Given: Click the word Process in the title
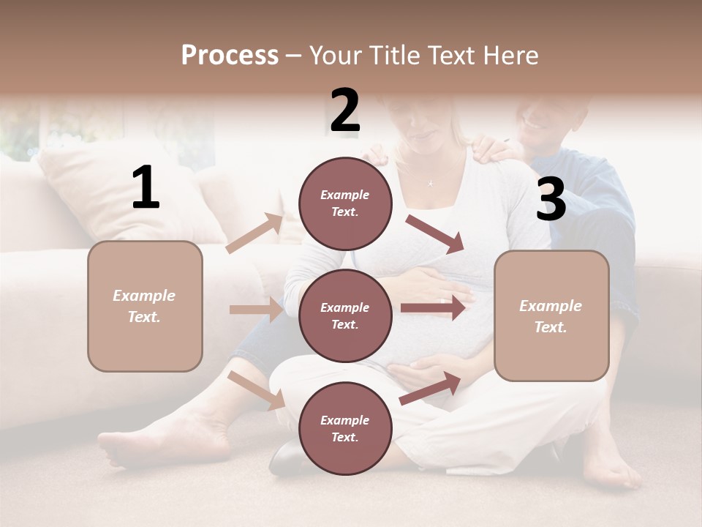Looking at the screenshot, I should click(x=230, y=56).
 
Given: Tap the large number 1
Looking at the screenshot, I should click(x=146, y=188).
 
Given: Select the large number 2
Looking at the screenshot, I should click(x=345, y=111).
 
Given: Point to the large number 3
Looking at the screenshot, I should click(x=551, y=200).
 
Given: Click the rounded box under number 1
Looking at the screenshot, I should click(x=145, y=306).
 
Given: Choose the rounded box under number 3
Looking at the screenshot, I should click(x=551, y=315).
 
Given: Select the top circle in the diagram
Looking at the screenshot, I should click(x=345, y=203).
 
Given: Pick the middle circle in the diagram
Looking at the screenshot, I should click(x=345, y=315).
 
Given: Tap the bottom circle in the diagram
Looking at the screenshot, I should click(x=345, y=428).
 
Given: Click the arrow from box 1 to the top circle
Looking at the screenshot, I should click(x=254, y=233).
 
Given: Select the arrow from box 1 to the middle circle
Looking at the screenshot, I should click(x=256, y=310).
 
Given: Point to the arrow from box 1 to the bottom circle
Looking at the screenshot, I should click(x=256, y=390).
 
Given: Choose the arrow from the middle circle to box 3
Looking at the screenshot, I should click(x=433, y=307).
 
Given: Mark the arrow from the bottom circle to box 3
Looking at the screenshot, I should click(x=430, y=388).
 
